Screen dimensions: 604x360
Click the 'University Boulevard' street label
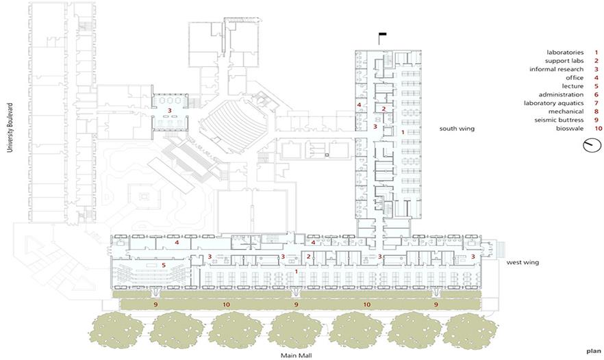click(10, 127)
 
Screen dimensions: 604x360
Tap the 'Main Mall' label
click(297, 355)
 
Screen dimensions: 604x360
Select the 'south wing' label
click(457, 129)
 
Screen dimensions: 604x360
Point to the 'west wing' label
click(523, 263)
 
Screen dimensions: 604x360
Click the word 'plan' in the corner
click(594, 350)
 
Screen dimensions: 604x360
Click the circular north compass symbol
click(592, 145)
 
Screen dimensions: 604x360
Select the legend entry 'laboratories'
click(565, 53)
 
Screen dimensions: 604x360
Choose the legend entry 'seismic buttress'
click(559, 120)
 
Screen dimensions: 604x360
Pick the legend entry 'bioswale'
click(570, 129)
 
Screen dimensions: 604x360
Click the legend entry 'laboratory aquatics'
click(553, 103)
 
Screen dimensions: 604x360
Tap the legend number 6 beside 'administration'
click(596, 94)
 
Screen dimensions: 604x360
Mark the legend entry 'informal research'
click(556, 69)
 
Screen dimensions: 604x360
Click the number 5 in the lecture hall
click(164, 266)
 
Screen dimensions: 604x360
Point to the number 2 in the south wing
click(383, 109)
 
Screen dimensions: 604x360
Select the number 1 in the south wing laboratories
click(403, 132)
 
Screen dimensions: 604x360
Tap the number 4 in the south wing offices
click(359, 105)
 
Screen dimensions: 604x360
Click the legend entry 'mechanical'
click(566, 112)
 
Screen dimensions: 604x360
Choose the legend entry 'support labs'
click(564, 61)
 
